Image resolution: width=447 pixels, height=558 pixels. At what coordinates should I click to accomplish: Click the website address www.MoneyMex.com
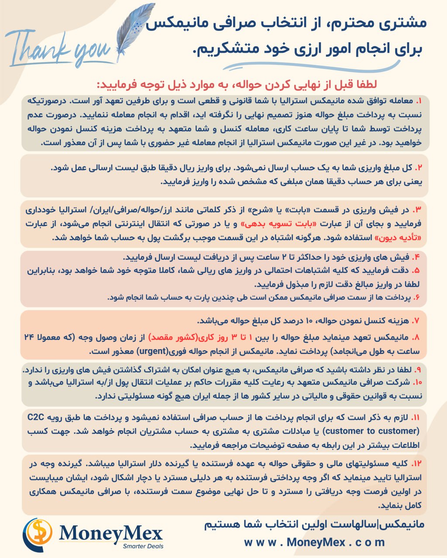(314, 543)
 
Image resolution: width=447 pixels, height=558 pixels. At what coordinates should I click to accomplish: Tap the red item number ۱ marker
(419, 101)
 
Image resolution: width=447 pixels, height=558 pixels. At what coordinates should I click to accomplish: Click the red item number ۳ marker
(418, 210)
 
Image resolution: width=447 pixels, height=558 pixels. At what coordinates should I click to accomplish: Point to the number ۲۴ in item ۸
(33, 337)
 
